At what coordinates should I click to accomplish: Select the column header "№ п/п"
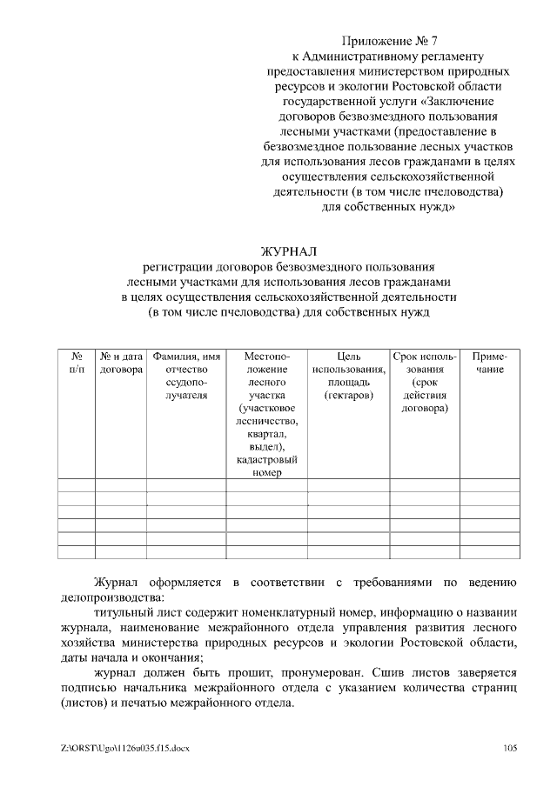coord(77,363)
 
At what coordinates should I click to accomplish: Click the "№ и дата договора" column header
coord(121,363)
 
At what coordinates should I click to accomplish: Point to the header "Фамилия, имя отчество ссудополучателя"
coord(186,376)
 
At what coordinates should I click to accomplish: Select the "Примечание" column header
coord(489,363)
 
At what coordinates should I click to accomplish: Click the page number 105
coord(511,747)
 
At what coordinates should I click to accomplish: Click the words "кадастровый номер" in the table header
coord(267,465)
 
